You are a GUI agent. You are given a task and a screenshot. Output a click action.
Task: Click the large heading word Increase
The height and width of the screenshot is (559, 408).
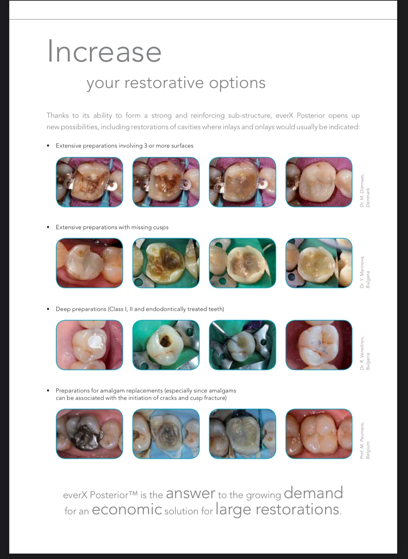[x=104, y=52]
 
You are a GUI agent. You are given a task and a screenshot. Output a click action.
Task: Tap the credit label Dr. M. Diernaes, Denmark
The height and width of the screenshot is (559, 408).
[x=365, y=190]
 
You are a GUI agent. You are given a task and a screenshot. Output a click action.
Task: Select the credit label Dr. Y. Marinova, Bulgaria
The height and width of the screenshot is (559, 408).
[x=365, y=272]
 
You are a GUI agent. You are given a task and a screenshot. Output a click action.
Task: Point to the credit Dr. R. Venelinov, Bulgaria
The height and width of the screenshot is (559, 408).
[x=365, y=353]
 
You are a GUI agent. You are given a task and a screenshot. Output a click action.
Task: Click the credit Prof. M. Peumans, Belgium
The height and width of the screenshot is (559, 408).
[x=365, y=440]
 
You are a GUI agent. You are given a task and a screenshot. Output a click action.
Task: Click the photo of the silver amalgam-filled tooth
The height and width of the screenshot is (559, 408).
[x=89, y=434]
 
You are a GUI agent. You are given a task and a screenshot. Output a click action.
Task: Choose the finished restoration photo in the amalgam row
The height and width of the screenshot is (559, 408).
[x=319, y=434]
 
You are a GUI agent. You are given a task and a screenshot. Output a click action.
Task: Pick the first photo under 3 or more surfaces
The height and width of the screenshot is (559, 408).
[x=89, y=182]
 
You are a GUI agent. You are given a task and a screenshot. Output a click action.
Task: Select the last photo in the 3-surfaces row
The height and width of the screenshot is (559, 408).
[x=319, y=182]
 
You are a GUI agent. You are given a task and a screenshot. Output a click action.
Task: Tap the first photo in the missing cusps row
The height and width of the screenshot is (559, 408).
[x=89, y=263]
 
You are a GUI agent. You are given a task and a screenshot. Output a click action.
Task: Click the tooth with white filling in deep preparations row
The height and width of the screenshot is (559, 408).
[x=89, y=345]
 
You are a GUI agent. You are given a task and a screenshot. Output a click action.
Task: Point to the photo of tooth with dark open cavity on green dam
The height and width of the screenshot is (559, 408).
[x=166, y=345]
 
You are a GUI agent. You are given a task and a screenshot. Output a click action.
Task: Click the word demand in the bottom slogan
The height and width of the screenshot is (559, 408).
[x=313, y=493]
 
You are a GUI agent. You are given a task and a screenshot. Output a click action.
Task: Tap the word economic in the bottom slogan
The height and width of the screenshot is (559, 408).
[x=127, y=510]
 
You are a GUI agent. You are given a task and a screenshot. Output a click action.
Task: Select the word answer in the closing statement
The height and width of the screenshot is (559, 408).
[x=190, y=494]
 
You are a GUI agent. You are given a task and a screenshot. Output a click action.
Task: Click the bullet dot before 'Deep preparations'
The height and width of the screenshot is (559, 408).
[x=48, y=309]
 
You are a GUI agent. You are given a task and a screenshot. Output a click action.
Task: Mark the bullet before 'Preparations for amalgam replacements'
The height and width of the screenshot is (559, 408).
[x=48, y=391]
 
